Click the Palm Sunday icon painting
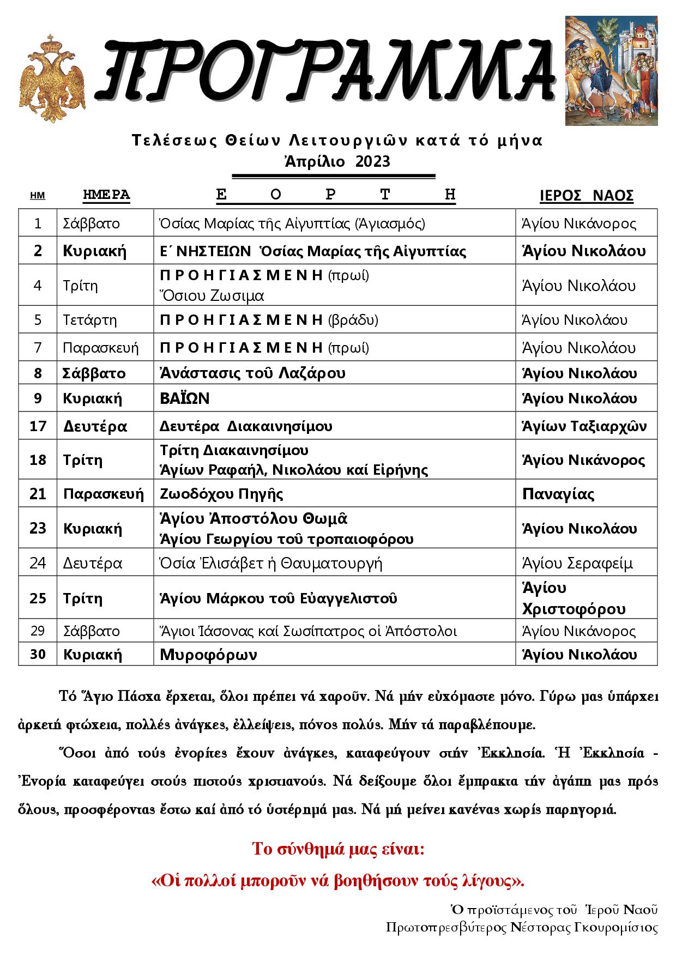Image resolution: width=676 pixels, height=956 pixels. [x=611, y=70]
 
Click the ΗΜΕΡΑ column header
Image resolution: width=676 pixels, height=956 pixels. [x=106, y=195]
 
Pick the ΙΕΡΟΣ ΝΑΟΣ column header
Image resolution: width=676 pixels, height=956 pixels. [x=586, y=196]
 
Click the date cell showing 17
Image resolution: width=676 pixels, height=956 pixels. [x=38, y=426]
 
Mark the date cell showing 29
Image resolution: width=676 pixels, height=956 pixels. [x=38, y=631]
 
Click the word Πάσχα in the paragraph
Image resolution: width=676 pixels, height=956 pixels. [x=128, y=697]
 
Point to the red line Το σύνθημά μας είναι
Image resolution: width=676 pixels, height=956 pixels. [x=337, y=849]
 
